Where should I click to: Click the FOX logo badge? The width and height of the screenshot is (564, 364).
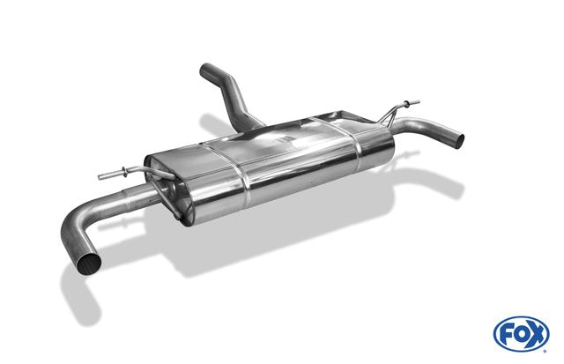(521, 334)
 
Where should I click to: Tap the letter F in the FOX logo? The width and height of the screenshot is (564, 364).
(506, 335)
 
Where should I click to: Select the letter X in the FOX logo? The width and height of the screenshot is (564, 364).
(537, 335)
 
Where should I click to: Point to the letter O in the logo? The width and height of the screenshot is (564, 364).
(521, 335)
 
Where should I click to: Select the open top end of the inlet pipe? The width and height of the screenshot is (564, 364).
(205, 71)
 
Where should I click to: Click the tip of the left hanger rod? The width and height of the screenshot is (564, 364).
(100, 177)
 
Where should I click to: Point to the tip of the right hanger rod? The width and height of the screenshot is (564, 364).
(418, 101)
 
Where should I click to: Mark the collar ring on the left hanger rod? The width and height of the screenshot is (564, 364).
(124, 172)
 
